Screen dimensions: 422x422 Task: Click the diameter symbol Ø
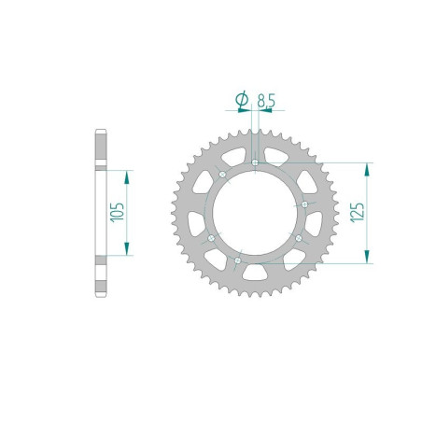tap(241, 97)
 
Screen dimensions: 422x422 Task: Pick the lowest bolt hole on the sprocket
tap(238, 260)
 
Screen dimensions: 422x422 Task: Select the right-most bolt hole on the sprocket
tap(306, 204)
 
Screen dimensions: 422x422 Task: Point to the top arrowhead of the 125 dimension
tap(372, 168)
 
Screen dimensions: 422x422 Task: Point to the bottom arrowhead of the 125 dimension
tap(372, 252)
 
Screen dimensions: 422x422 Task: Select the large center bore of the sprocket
tap(256, 215)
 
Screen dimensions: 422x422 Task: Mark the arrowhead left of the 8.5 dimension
tap(248, 107)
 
